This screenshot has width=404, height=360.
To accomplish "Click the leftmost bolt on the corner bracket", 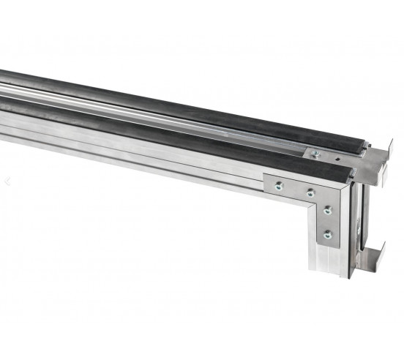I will point(278,186).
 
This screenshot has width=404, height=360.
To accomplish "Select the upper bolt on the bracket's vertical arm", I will point(327,210).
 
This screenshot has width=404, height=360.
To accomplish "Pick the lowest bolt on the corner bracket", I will point(327,235).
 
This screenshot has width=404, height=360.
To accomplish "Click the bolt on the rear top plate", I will point(315,154).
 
